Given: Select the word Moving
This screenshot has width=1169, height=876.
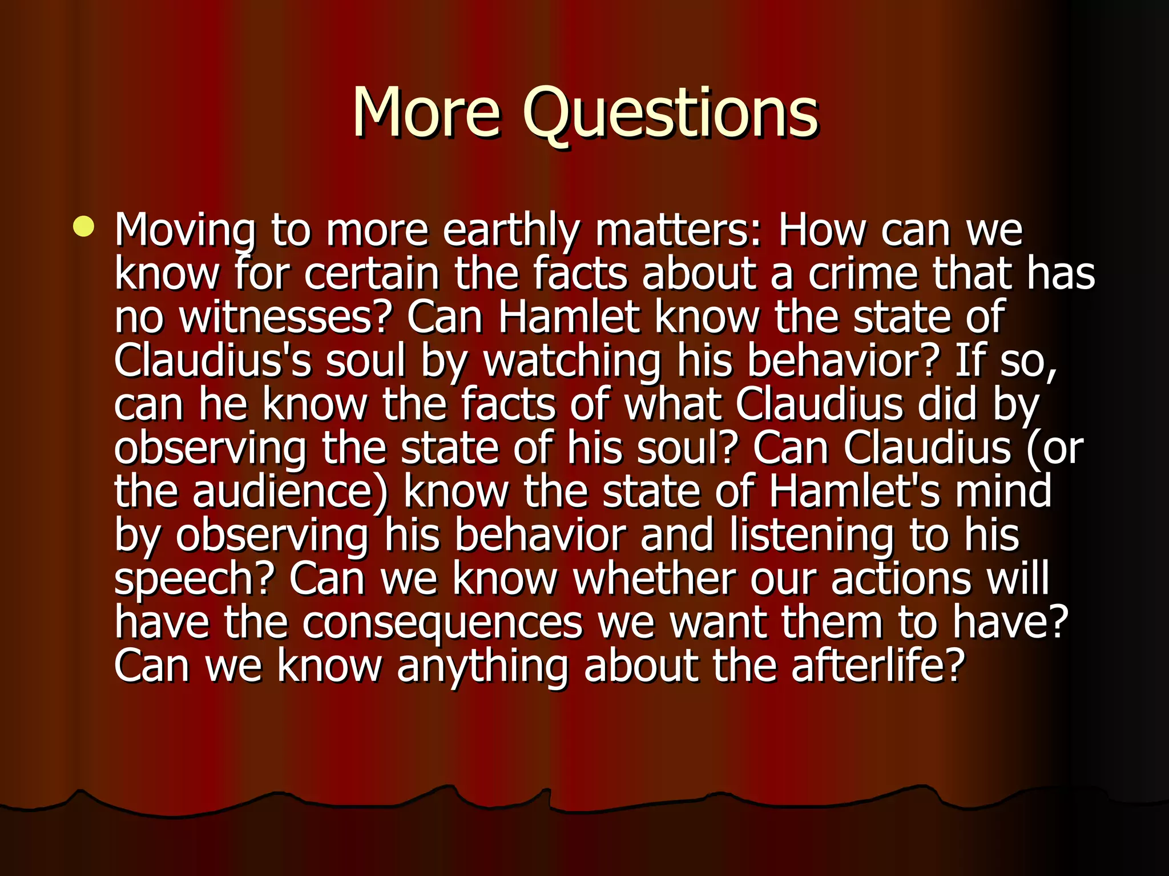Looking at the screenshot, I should pos(185,231).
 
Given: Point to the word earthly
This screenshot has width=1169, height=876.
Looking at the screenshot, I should pos(511,231).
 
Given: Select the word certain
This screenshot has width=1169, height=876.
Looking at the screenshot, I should pos(372,274).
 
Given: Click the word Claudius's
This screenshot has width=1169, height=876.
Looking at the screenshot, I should pos(212,361).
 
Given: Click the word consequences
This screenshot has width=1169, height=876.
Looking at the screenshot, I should pos(442,623).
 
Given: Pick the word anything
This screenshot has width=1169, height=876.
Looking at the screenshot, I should pos(482,667).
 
